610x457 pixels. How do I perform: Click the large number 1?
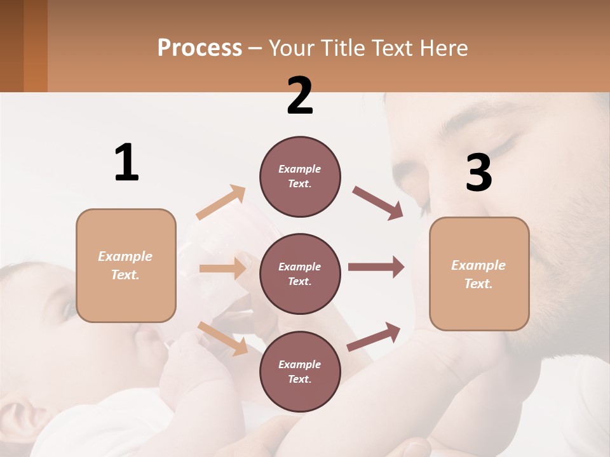[x=126, y=163]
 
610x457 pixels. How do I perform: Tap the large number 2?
[x=300, y=96]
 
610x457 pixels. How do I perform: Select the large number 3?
[x=479, y=173]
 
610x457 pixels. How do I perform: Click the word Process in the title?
[x=200, y=48]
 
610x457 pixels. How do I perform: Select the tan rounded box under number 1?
[x=126, y=265]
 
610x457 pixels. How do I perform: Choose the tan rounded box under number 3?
[x=479, y=274]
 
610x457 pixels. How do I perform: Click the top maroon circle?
[x=300, y=176]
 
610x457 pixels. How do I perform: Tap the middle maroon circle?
[x=300, y=274]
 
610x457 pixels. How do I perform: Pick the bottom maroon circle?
[x=300, y=372]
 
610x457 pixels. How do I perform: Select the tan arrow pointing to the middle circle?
[x=222, y=268]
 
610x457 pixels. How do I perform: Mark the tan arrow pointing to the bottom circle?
[x=222, y=338]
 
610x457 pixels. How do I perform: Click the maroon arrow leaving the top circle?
[x=378, y=203]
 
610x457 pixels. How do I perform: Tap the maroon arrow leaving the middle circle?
[x=376, y=267]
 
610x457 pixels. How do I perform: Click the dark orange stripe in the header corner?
[x=36, y=46]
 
